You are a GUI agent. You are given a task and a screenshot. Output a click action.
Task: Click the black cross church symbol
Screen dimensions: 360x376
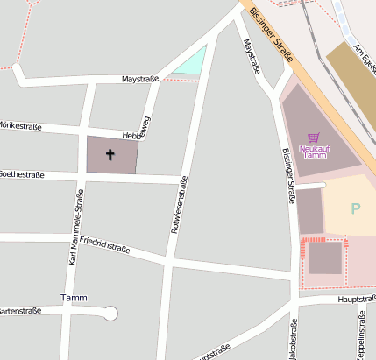point(110,155)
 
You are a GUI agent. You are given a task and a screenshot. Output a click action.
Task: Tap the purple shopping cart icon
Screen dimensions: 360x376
point(313,138)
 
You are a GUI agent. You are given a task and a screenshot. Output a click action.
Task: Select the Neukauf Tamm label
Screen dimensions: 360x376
point(313,152)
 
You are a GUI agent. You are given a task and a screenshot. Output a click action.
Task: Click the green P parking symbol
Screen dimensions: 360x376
point(355,208)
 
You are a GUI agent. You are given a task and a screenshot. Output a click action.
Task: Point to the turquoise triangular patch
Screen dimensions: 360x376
point(192,61)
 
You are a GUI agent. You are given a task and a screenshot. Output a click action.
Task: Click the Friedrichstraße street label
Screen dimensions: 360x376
point(104,244)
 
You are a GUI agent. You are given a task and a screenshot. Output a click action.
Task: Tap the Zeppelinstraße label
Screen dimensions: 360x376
point(360,336)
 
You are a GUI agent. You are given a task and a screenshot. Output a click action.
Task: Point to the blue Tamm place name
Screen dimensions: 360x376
point(74,298)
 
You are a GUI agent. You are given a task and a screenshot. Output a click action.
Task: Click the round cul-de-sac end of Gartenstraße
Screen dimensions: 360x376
point(110,313)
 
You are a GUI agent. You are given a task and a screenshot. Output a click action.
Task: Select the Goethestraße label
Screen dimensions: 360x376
point(22,175)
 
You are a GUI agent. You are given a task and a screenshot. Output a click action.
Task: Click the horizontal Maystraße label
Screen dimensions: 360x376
point(139,79)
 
